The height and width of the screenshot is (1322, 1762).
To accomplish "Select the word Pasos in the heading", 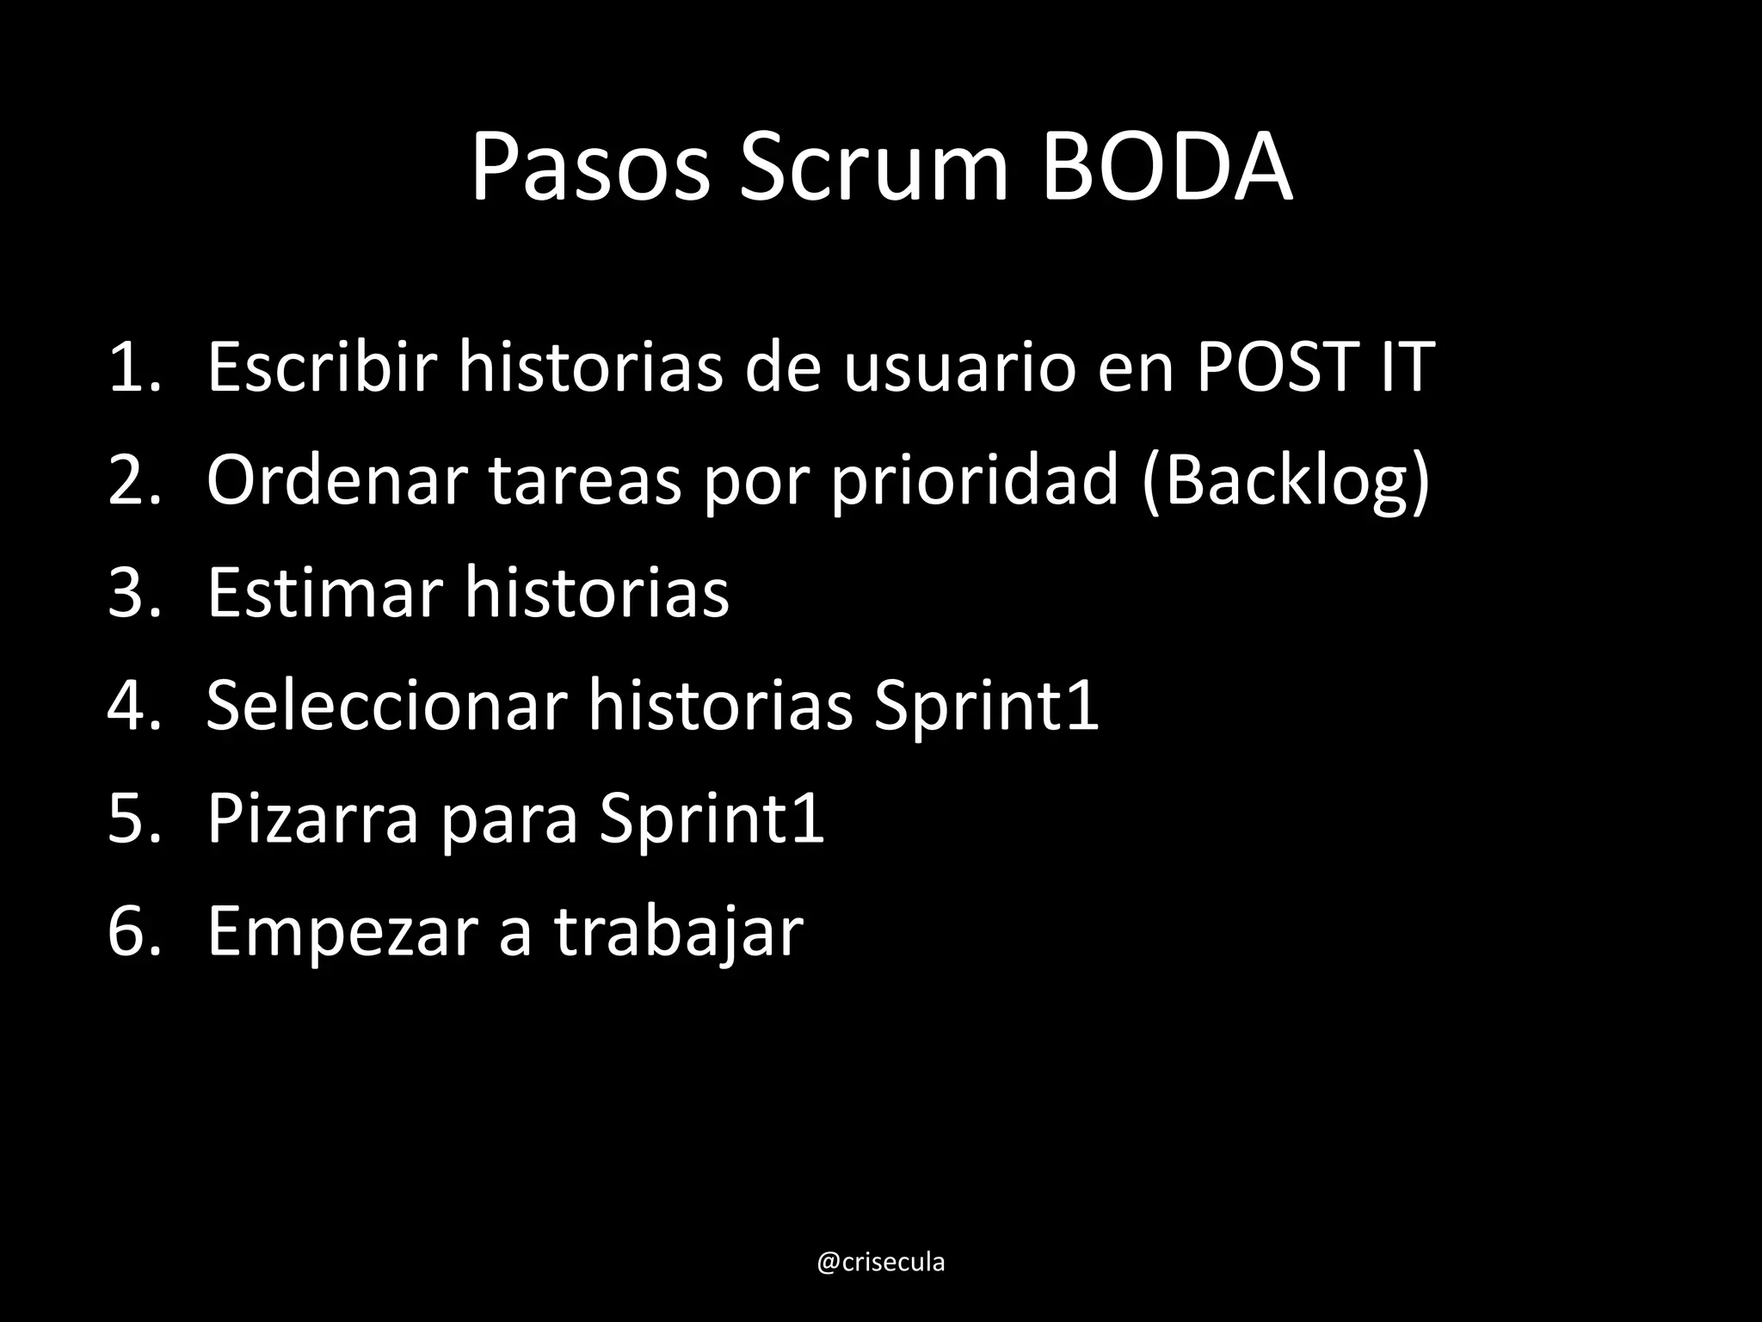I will coord(591,168).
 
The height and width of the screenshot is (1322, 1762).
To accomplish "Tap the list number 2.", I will coord(133,480).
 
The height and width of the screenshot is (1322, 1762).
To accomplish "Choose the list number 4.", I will coord(133,706).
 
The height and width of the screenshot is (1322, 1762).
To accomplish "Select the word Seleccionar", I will coord(387,706).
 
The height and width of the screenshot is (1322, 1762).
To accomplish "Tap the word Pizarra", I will coord(313,819).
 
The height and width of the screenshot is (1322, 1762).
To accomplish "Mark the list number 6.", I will coord(133,931).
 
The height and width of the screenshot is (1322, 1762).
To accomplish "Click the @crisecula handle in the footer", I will coord(880,1263).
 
